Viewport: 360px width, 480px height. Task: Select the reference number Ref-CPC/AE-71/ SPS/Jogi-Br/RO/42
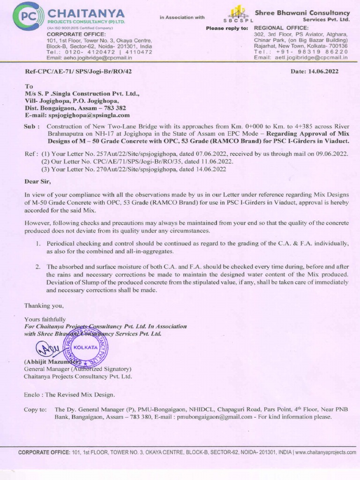pyautogui.click(x=78, y=72)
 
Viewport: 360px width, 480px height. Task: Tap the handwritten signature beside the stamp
pyautogui.click(x=45, y=349)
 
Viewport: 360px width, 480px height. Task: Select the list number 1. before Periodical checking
pyautogui.click(x=38, y=243)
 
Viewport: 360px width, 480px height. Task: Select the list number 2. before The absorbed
pyautogui.click(x=38, y=267)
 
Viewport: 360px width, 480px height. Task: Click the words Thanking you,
pyautogui.click(x=44, y=306)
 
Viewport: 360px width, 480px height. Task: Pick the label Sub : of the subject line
pyautogui.click(x=31, y=127)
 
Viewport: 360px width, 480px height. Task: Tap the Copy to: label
pyautogui.click(x=35, y=409)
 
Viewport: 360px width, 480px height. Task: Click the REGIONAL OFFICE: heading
pyautogui.click(x=281, y=28)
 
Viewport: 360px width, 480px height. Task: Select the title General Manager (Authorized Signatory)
pyautogui.click(x=78, y=369)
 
